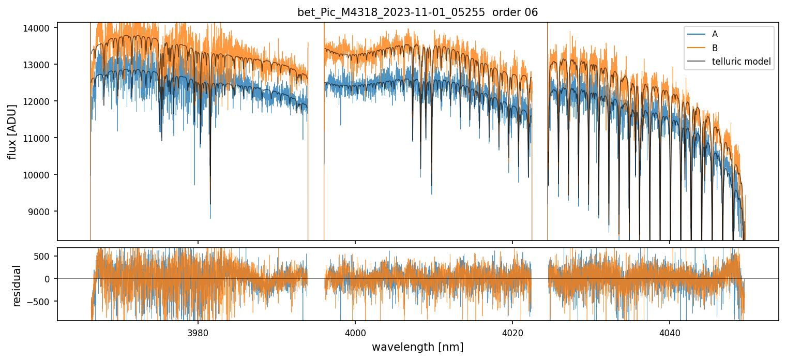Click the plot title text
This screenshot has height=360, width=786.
(417, 12)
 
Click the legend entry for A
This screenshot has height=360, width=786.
(715, 34)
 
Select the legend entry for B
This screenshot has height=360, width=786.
(715, 48)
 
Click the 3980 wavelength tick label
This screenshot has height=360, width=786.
(198, 331)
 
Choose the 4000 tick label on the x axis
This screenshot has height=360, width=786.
(355, 331)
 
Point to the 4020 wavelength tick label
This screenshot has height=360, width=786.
(512, 331)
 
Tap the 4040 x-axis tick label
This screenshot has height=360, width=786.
(670, 331)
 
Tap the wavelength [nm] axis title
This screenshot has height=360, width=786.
(417, 347)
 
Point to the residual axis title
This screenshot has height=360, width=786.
(17, 286)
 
